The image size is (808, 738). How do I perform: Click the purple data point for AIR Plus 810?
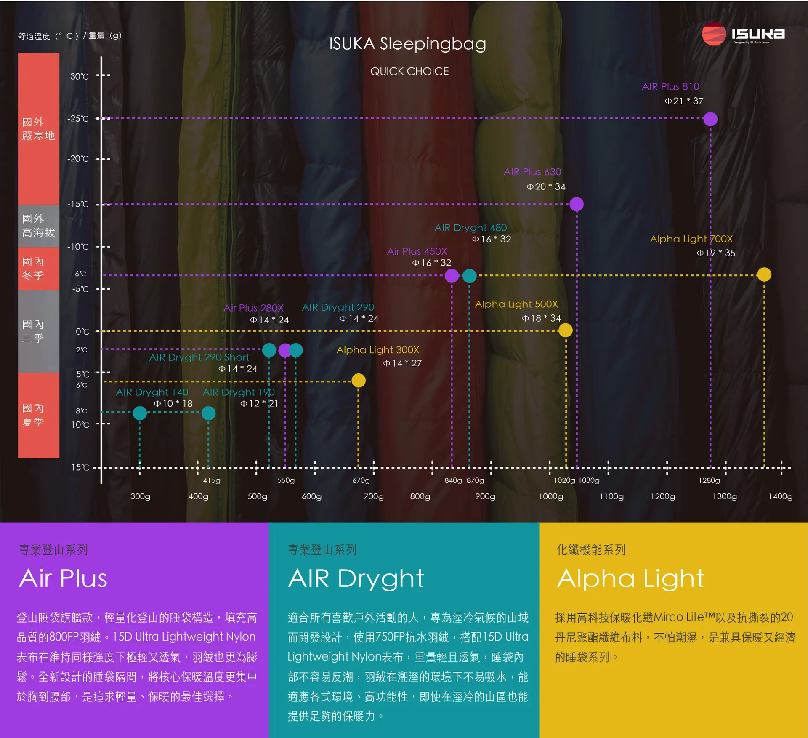710,119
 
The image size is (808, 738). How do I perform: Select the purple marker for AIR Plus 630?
576,204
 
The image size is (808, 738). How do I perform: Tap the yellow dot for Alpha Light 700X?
764,274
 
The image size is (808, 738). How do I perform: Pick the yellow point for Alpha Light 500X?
565,330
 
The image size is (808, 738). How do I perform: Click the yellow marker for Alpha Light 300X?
358,381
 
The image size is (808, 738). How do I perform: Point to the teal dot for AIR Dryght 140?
140,413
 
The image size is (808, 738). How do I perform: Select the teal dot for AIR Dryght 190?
208,413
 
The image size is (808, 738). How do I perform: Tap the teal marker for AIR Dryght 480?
469,276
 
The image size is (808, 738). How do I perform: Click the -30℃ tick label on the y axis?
78,76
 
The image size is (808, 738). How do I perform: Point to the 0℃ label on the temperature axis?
82,332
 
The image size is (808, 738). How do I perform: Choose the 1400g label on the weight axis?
780,496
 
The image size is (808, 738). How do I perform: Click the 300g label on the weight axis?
140,496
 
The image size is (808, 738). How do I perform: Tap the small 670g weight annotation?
361,480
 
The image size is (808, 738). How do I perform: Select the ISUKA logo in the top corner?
743,34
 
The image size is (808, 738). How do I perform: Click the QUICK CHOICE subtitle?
409,71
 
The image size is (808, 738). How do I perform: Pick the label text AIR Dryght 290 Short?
199,357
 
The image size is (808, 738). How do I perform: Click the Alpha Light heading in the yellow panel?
630,578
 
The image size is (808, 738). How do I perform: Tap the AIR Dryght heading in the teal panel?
356,578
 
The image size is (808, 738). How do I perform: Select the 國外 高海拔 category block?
38,226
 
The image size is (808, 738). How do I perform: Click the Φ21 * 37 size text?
684,101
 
